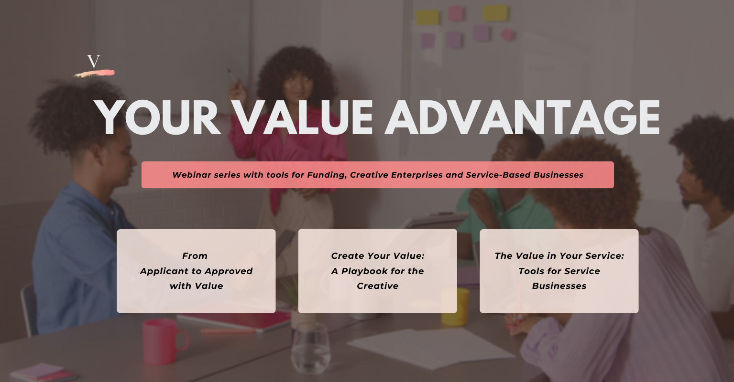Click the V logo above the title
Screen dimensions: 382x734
click(94, 62)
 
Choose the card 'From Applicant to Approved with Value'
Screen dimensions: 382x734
click(196, 271)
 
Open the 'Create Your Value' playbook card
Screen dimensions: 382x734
click(377, 271)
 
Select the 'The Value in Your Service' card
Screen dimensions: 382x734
click(559, 271)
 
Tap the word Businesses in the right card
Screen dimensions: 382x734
click(559, 286)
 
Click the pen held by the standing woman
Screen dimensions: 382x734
click(232, 75)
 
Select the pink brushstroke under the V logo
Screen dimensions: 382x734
click(94, 74)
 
